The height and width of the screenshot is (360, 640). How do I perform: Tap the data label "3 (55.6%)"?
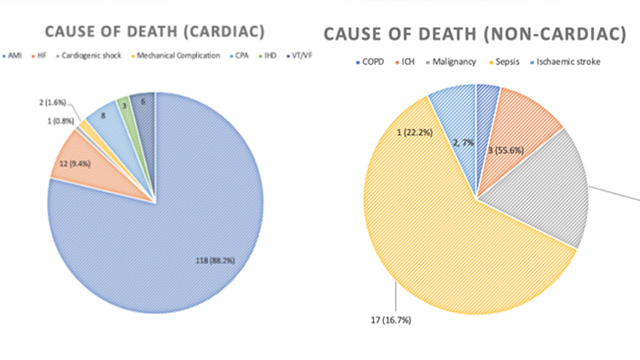coord(510,149)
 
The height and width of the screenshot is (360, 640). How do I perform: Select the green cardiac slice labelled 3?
coord(123,103)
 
